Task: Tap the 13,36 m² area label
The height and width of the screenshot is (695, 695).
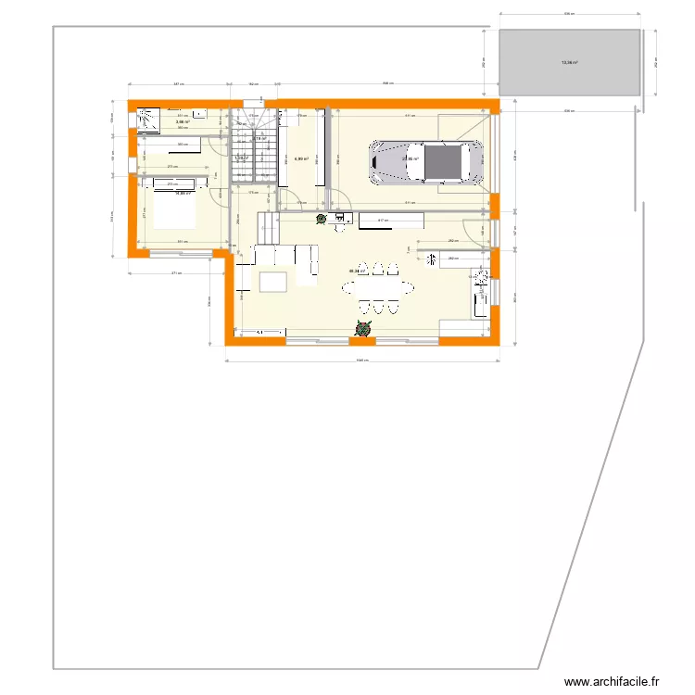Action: tap(568, 63)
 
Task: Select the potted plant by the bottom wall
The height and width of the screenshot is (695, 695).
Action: tap(361, 328)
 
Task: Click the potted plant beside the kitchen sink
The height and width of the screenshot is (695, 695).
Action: tap(321, 219)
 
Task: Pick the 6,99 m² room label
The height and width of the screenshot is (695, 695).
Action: tap(300, 158)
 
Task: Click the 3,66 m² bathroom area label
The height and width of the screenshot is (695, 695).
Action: tap(183, 121)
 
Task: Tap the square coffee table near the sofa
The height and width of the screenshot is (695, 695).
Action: tap(273, 281)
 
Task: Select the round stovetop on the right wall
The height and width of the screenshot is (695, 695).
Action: tap(480, 276)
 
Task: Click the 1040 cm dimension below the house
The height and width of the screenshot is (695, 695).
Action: tap(362, 361)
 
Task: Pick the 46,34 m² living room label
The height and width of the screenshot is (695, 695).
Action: tap(357, 272)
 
